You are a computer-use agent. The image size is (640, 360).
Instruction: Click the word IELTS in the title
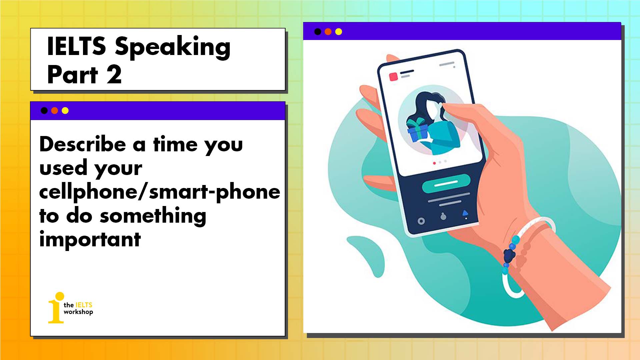pos(76,46)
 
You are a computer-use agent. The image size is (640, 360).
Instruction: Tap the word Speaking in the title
pos(172,47)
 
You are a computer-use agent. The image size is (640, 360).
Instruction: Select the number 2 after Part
pos(114,75)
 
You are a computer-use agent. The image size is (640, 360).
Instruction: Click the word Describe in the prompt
pos(83,145)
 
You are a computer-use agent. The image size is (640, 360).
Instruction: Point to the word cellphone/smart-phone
pos(160,192)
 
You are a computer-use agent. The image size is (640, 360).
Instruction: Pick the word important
pos(90,239)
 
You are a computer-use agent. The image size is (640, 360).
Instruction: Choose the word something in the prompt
pos(153,216)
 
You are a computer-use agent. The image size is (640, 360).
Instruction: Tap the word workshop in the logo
pos(78,312)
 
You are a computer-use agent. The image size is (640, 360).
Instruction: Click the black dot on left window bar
pos(44,111)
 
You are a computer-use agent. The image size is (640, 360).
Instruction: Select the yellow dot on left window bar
pos(65,111)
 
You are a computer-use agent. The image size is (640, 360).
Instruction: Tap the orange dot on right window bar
pos(328,32)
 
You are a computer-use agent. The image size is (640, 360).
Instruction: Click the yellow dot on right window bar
pos(339,32)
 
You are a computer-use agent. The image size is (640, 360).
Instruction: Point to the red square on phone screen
pos(394,76)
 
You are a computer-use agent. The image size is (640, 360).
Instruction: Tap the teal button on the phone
pos(446,183)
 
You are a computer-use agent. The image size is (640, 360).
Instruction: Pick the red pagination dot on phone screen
pos(434,163)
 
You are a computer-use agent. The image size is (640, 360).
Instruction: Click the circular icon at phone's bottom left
pos(421,221)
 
